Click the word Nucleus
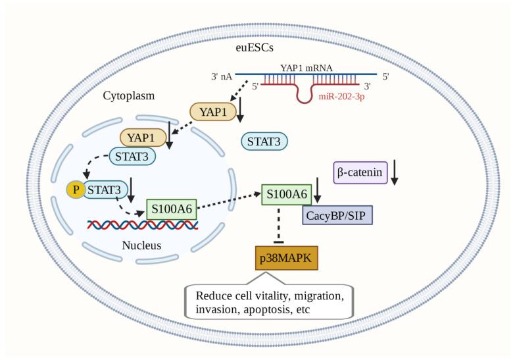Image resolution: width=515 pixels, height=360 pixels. point(140,246)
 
